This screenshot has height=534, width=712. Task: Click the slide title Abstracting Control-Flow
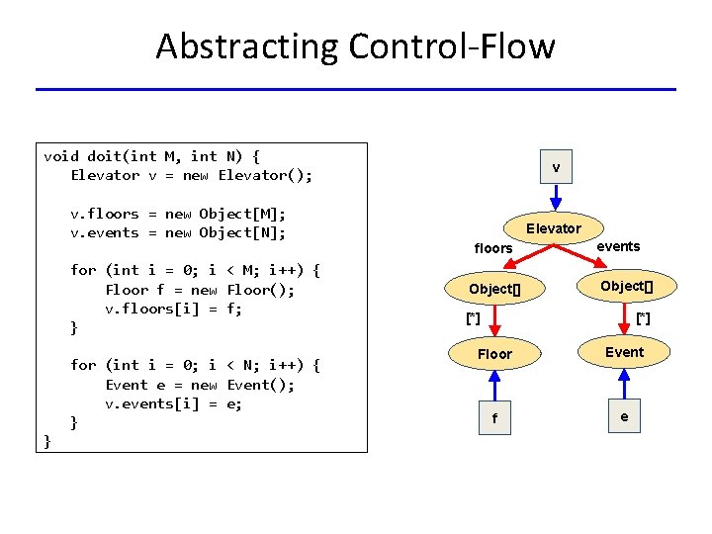click(x=355, y=46)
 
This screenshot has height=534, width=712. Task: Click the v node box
click(x=556, y=168)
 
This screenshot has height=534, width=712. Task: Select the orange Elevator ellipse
click(x=553, y=228)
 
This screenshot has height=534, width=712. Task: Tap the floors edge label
click(x=493, y=248)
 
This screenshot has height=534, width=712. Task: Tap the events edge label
click(x=618, y=246)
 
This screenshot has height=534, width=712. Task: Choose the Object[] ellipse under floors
click(x=493, y=289)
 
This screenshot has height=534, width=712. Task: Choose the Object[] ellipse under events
click(x=625, y=287)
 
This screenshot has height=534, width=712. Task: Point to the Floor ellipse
click(x=494, y=353)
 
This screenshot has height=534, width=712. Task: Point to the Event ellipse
click(x=624, y=352)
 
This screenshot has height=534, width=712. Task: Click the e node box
click(x=624, y=417)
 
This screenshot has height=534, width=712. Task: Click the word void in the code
click(x=61, y=156)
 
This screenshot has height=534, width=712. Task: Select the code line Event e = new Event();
click(x=200, y=385)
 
